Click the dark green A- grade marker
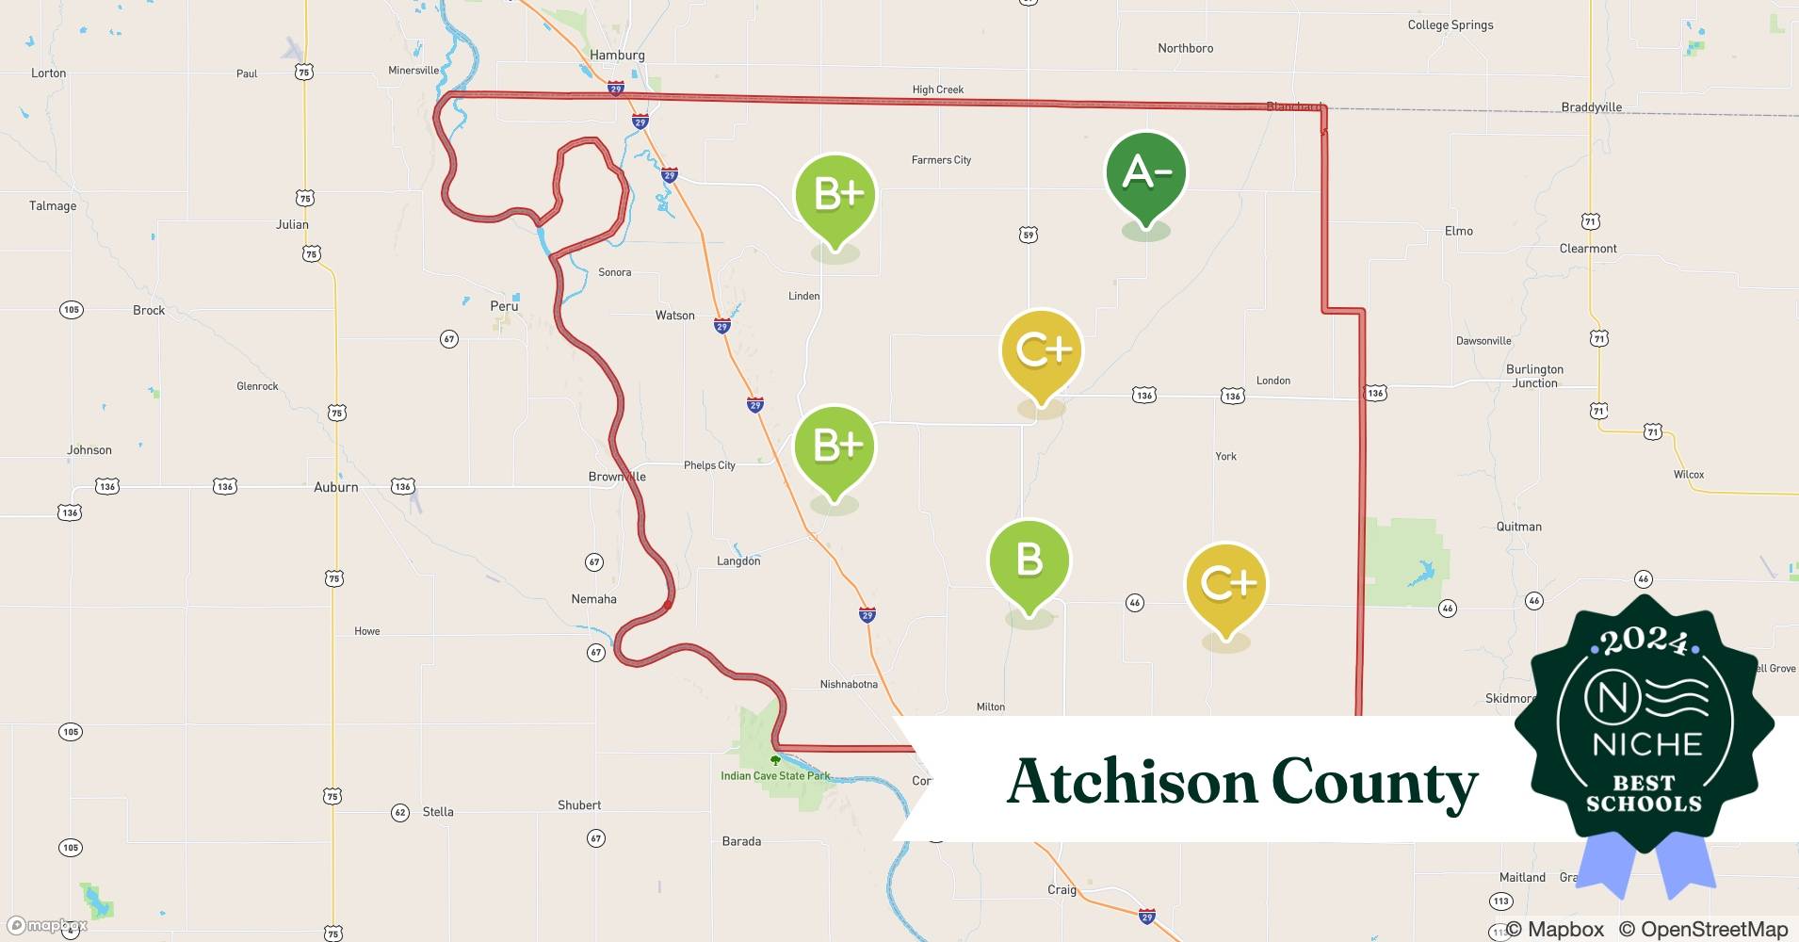(1145, 175)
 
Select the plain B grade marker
(1029, 562)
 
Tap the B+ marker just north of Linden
(835, 197)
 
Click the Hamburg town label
(617, 55)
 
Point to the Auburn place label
(335, 487)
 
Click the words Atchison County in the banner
(1241, 782)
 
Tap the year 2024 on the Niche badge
(1644, 642)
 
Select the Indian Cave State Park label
(775, 776)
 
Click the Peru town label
(504, 306)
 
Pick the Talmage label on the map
(53, 206)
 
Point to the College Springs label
(1450, 25)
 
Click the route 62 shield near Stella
(400, 812)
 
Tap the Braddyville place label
(1591, 107)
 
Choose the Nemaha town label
(593, 599)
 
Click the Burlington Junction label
(1534, 376)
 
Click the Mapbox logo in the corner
(47, 925)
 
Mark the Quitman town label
(1518, 527)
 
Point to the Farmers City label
(941, 160)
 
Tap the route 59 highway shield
(1029, 235)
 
